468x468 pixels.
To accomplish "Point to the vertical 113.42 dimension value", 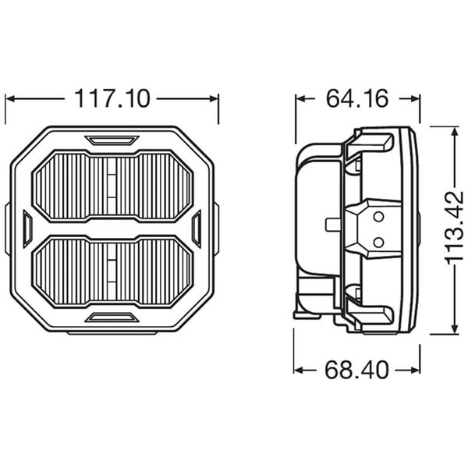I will click(x=452, y=230).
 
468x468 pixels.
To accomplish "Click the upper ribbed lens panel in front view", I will click(x=113, y=186).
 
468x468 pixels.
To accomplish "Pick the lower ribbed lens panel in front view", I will click(x=113, y=272).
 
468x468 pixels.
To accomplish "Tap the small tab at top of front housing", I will click(x=112, y=141).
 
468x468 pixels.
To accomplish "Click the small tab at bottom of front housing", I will click(x=112, y=317).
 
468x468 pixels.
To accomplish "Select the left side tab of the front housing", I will click(x=27, y=229).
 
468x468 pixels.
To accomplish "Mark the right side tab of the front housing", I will click(x=197, y=229).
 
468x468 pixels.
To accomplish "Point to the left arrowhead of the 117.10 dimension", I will click(x=10, y=99).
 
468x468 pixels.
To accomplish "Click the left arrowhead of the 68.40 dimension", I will click(x=299, y=368).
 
